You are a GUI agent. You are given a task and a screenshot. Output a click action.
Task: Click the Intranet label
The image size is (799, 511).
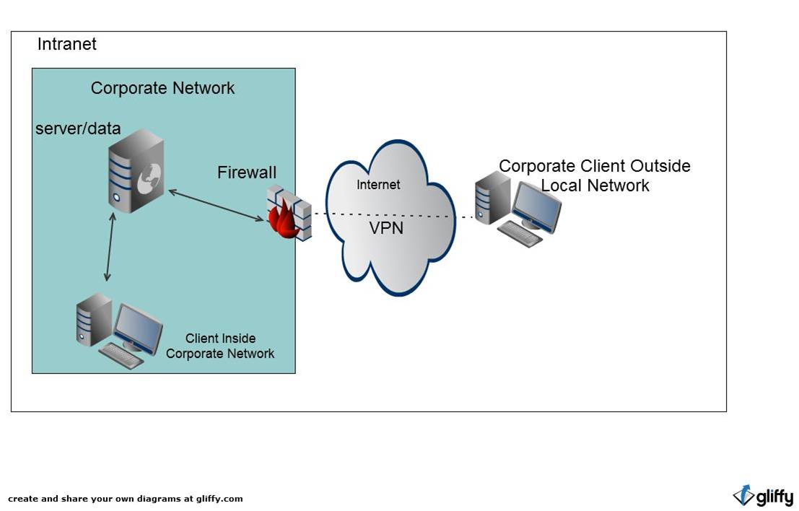pyautogui.click(x=66, y=45)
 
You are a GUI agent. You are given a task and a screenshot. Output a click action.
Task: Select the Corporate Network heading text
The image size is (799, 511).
pyautogui.click(x=162, y=88)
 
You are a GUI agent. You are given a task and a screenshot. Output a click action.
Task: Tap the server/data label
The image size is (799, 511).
pyautogui.click(x=78, y=129)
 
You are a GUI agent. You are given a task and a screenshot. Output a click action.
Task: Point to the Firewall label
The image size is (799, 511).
pyautogui.click(x=246, y=172)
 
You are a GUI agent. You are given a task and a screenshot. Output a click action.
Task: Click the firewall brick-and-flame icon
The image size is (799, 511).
pyautogui.click(x=288, y=213)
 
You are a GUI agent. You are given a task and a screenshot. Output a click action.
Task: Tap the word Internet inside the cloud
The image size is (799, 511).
pyautogui.click(x=377, y=185)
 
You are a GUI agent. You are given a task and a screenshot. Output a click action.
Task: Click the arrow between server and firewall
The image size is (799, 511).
pyautogui.click(x=217, y=205)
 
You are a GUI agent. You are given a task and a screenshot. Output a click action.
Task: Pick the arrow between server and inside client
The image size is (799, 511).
pyautogui.click(x=110, y=247)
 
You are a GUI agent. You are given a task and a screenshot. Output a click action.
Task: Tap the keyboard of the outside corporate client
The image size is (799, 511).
pyautogui.click(x=520, y=234)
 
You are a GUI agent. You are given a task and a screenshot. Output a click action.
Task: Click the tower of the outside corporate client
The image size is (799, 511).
pyautogui.click(x=492, y=200)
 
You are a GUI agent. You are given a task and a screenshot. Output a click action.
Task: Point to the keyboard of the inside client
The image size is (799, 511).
pyautogui.click(x=121, y=356)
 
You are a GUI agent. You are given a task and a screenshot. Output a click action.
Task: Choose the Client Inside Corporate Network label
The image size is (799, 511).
pyautogui.click(x=220, y=346)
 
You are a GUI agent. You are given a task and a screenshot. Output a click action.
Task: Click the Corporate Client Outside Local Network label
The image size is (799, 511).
pyautogui.click(x=595, y=175)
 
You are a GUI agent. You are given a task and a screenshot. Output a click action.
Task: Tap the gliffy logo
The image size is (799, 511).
pyautogui.click(x=763, y=496)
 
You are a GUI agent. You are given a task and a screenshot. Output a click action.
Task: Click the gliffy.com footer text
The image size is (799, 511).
pyautogui.click(x=126, y=499)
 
